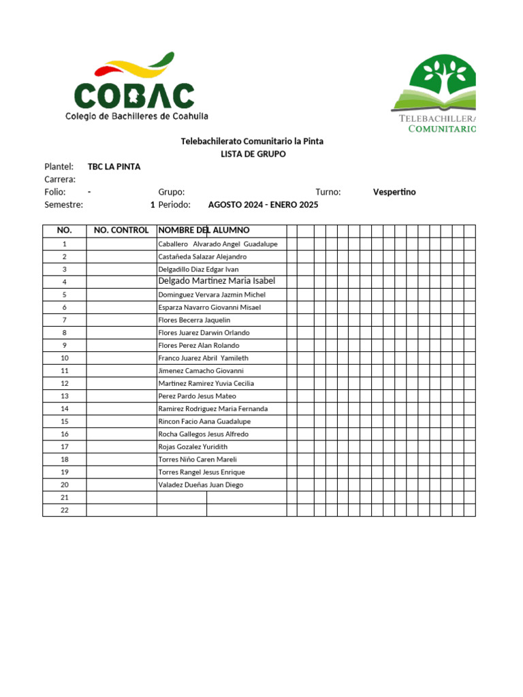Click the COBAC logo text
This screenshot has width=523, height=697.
tap(134, 95)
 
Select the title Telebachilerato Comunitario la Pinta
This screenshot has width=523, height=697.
tap(252, 141)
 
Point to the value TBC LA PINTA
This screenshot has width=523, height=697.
tap(114, 167)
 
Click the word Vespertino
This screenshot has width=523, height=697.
tap(394, 192)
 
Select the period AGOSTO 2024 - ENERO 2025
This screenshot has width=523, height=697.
tap(263, 205)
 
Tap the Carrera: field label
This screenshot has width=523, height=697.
tap(59, 180)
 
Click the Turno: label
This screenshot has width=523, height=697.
tap(328, 192)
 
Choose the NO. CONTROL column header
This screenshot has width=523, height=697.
tap(121, 230)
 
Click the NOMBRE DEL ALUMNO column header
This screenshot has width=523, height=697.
tap(204, 230)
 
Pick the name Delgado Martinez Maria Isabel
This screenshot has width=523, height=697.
tap(217, 281)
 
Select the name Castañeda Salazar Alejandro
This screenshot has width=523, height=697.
tap(202, 257)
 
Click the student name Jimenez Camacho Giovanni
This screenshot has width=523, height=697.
tap(200, 371)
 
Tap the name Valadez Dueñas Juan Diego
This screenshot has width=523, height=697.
tap(200, 485)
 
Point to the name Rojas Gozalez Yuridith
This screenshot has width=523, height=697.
tap(193, 447)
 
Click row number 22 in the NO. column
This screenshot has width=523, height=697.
tap(65, 510)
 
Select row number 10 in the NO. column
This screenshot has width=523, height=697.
tap(65, 358)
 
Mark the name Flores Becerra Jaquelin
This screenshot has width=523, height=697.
tap(194, 320)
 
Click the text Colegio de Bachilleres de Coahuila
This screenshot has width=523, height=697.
tap(136, 116)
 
